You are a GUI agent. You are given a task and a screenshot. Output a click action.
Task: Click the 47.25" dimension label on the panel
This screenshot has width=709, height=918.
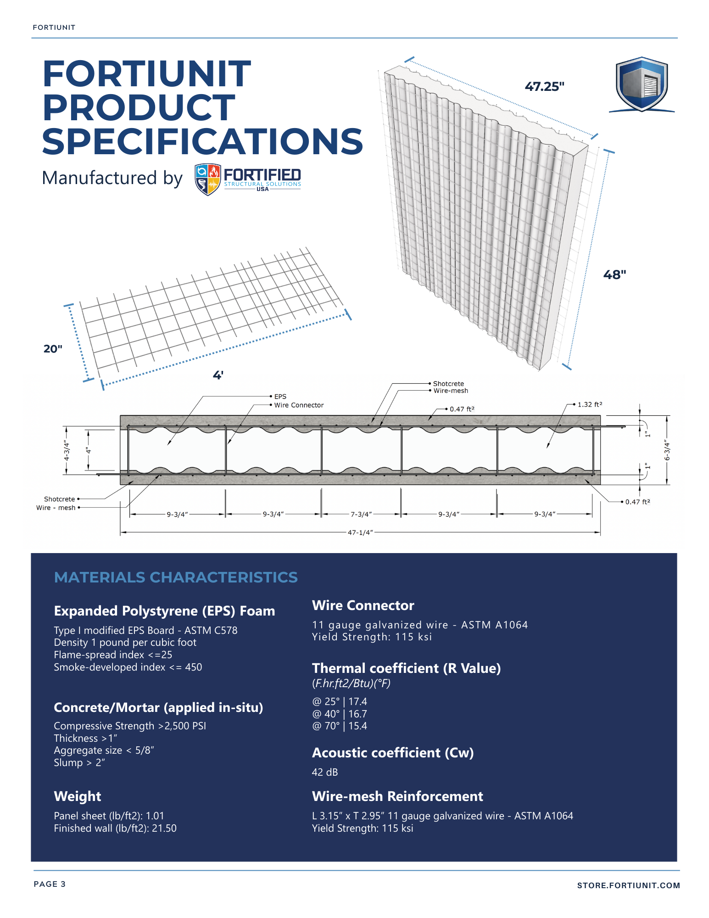pos(544,87)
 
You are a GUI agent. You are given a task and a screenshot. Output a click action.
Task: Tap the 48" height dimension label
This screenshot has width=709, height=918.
pos(614,275)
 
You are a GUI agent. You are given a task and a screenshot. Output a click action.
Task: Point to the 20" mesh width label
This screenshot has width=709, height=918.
pos(53,349)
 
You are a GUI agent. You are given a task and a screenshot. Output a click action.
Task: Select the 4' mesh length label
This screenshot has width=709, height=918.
pos(218,375)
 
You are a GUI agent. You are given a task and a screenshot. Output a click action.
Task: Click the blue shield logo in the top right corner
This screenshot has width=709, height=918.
pos(641,84)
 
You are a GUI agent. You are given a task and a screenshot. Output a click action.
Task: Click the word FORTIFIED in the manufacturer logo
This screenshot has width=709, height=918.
pos(262,175)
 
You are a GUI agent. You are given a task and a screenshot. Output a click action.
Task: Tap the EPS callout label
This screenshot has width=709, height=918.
pos(280,397)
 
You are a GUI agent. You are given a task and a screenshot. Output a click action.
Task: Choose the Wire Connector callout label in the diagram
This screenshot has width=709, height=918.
pos(299,405)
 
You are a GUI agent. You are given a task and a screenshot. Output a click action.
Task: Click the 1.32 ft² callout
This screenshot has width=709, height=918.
pos(590,405)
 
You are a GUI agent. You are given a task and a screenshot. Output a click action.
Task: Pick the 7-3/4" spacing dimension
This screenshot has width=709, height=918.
pos(361,515)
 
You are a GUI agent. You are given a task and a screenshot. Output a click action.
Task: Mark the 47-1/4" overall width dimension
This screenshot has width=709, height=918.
pos(360,532)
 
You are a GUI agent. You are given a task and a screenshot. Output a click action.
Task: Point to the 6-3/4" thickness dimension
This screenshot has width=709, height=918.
pos(667,450)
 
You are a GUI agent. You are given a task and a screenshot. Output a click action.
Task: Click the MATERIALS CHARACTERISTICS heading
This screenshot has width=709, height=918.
pos(176,577)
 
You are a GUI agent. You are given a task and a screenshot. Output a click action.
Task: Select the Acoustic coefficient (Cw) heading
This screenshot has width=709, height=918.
pos(393,753)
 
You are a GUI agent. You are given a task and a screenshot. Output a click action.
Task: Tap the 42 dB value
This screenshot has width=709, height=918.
pos(325,772)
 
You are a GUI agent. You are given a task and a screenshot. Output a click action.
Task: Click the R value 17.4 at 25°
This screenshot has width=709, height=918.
pos(357,702)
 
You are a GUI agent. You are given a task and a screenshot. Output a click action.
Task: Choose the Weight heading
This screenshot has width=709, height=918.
pos(78,796)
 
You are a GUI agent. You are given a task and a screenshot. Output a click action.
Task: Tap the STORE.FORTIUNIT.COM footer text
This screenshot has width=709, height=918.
pos(628,885)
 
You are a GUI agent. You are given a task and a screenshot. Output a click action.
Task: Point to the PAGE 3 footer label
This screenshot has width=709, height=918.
pos(50,884)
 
